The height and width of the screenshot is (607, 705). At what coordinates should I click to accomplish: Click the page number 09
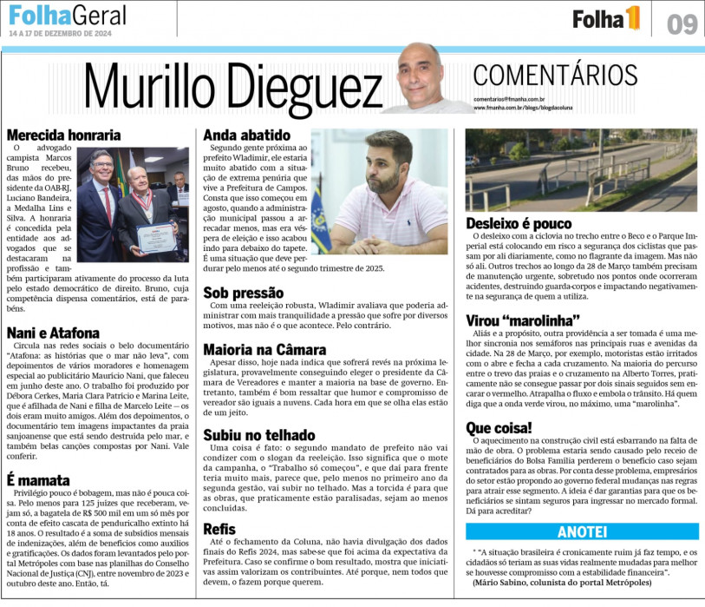[682, 23]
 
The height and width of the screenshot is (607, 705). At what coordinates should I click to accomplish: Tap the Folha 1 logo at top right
[606, 17]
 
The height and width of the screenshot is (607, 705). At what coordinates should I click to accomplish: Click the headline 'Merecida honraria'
[63, 135]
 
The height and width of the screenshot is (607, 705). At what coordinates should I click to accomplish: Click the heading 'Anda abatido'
[246, 135]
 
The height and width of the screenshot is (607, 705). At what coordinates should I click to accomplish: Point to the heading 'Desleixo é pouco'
[519, 223]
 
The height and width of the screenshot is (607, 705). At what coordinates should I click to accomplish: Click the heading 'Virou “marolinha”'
[523, 320]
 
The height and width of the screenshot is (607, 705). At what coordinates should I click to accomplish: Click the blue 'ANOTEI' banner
[581, 531]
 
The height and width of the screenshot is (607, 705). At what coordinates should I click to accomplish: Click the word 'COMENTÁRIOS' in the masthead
[555, 76]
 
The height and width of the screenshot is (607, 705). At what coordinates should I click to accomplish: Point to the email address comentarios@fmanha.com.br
[509, 101]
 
